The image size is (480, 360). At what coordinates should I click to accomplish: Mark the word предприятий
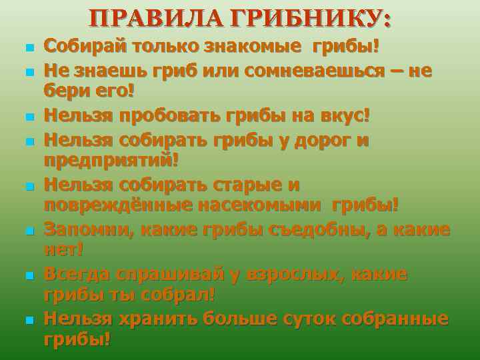click(111, 161)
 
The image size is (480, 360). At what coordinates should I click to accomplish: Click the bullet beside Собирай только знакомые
click(27, 48)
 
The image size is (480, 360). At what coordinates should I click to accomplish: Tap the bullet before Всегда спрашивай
click(27, 276)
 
